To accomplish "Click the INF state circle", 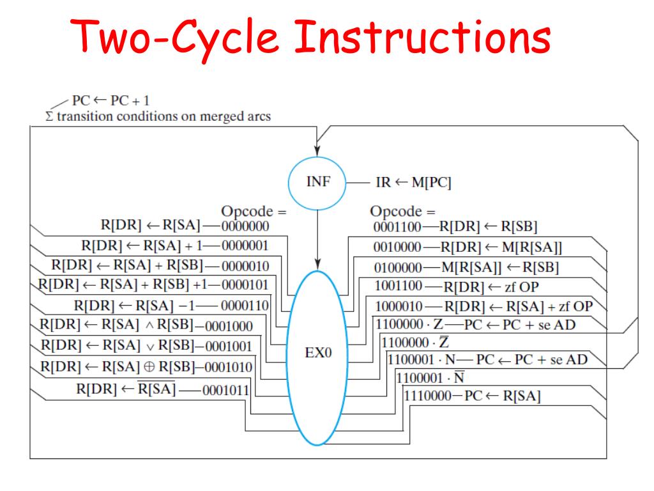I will tap(318, 182).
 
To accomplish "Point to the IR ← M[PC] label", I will tap(413, 183).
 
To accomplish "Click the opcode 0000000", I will tap(245, 225).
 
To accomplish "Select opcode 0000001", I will tap(244, 245).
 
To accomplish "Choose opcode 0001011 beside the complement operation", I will tap(225, 391).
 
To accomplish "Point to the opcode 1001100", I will tap(397, 286).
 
